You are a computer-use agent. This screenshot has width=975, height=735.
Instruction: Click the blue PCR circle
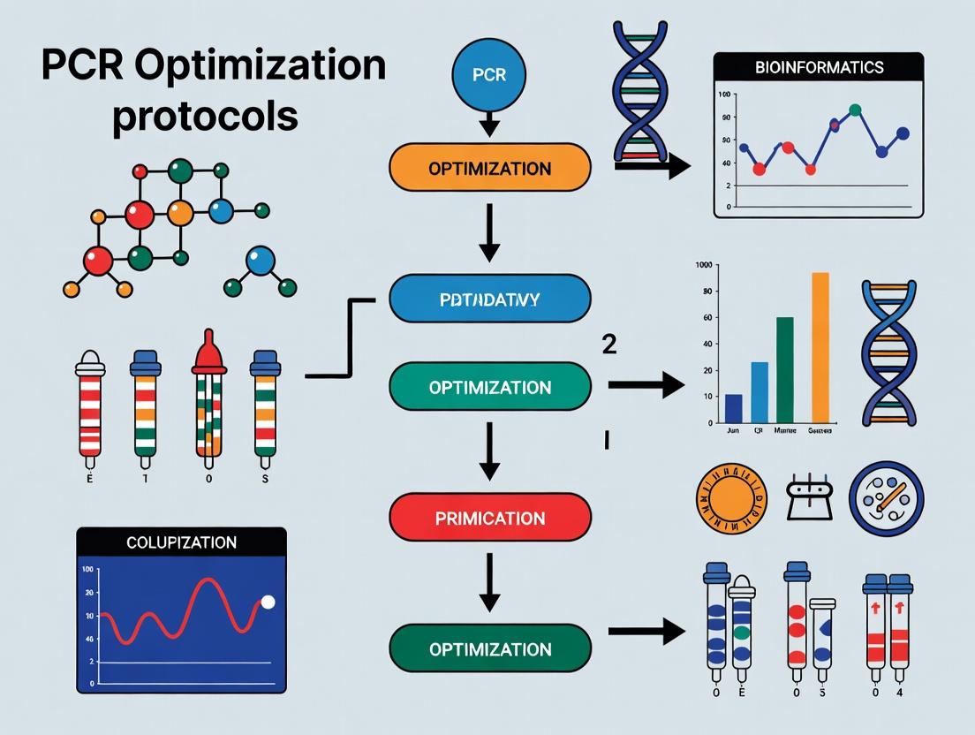point(489,74)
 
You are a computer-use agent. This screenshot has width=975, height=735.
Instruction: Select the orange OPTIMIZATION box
point(489,168)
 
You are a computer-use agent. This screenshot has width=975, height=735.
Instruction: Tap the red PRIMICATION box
point(489,519)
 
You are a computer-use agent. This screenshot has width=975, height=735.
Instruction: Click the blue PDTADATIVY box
point(489,299)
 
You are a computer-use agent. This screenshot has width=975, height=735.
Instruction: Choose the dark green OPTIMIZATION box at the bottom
point(489,649)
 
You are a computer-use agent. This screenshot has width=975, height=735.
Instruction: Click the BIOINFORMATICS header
point(819,67)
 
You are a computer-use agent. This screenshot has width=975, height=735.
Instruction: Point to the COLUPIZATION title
point(181,542)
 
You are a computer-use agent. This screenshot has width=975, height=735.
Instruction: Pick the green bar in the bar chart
point(784,369)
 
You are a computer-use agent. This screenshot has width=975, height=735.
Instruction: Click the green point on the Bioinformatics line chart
point(854,110)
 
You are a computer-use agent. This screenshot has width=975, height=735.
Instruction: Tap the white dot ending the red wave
point(268,602)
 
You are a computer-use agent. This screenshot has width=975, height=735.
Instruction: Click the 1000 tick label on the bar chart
point(704,265)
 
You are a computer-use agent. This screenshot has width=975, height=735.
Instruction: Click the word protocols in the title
point(204,116)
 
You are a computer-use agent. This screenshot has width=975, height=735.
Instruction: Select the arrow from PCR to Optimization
point(489,124)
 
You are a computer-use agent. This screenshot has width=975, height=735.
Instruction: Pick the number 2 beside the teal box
point(608,344)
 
